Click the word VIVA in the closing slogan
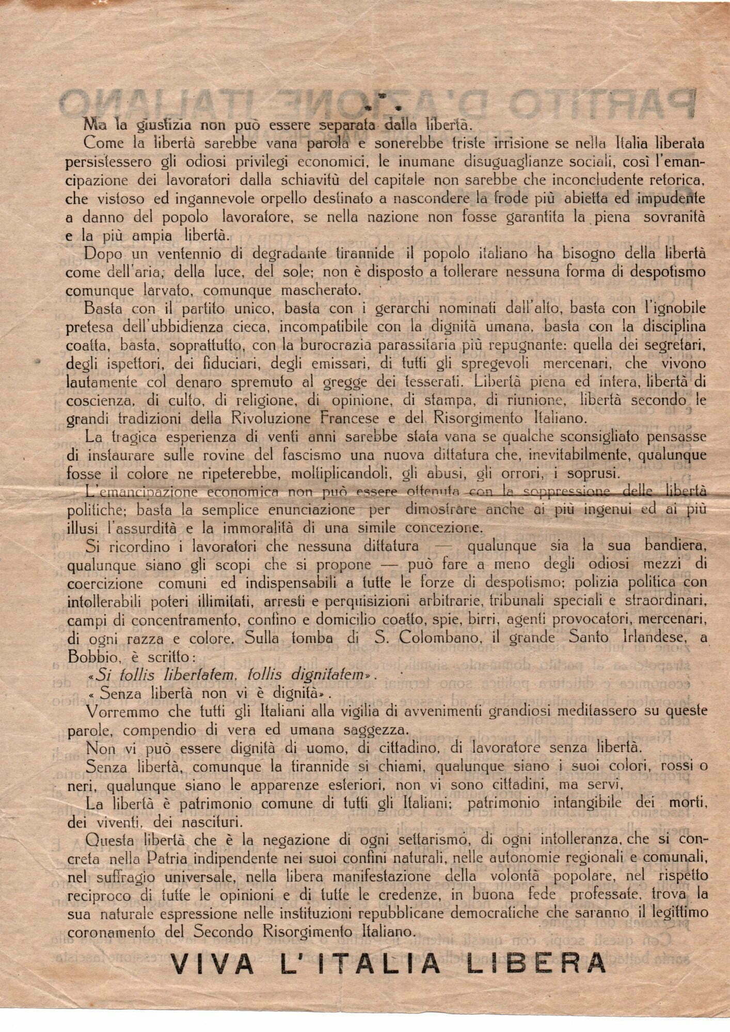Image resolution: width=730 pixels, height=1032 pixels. click(212, 964)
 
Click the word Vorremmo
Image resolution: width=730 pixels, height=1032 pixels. click(122, 711)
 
